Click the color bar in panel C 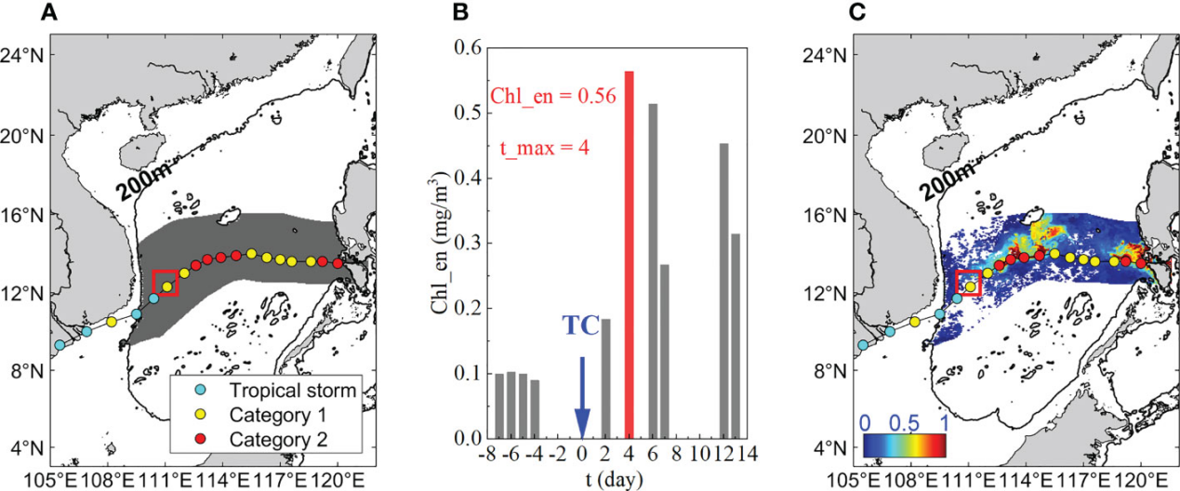pyautogui.click(x=905, y=447)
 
